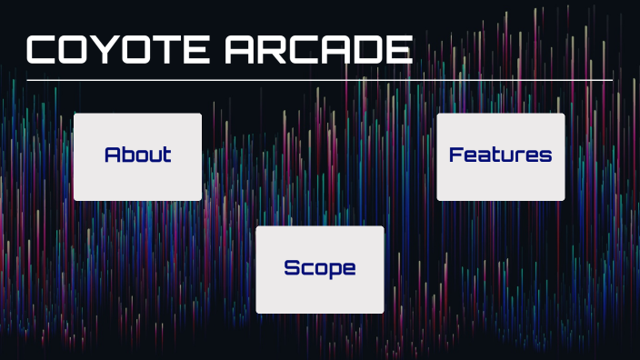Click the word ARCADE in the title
317,50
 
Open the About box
137,156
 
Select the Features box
500,156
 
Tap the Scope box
319,269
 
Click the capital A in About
113,155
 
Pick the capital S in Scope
292,268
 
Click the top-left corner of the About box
75,115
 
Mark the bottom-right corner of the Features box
563,198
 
